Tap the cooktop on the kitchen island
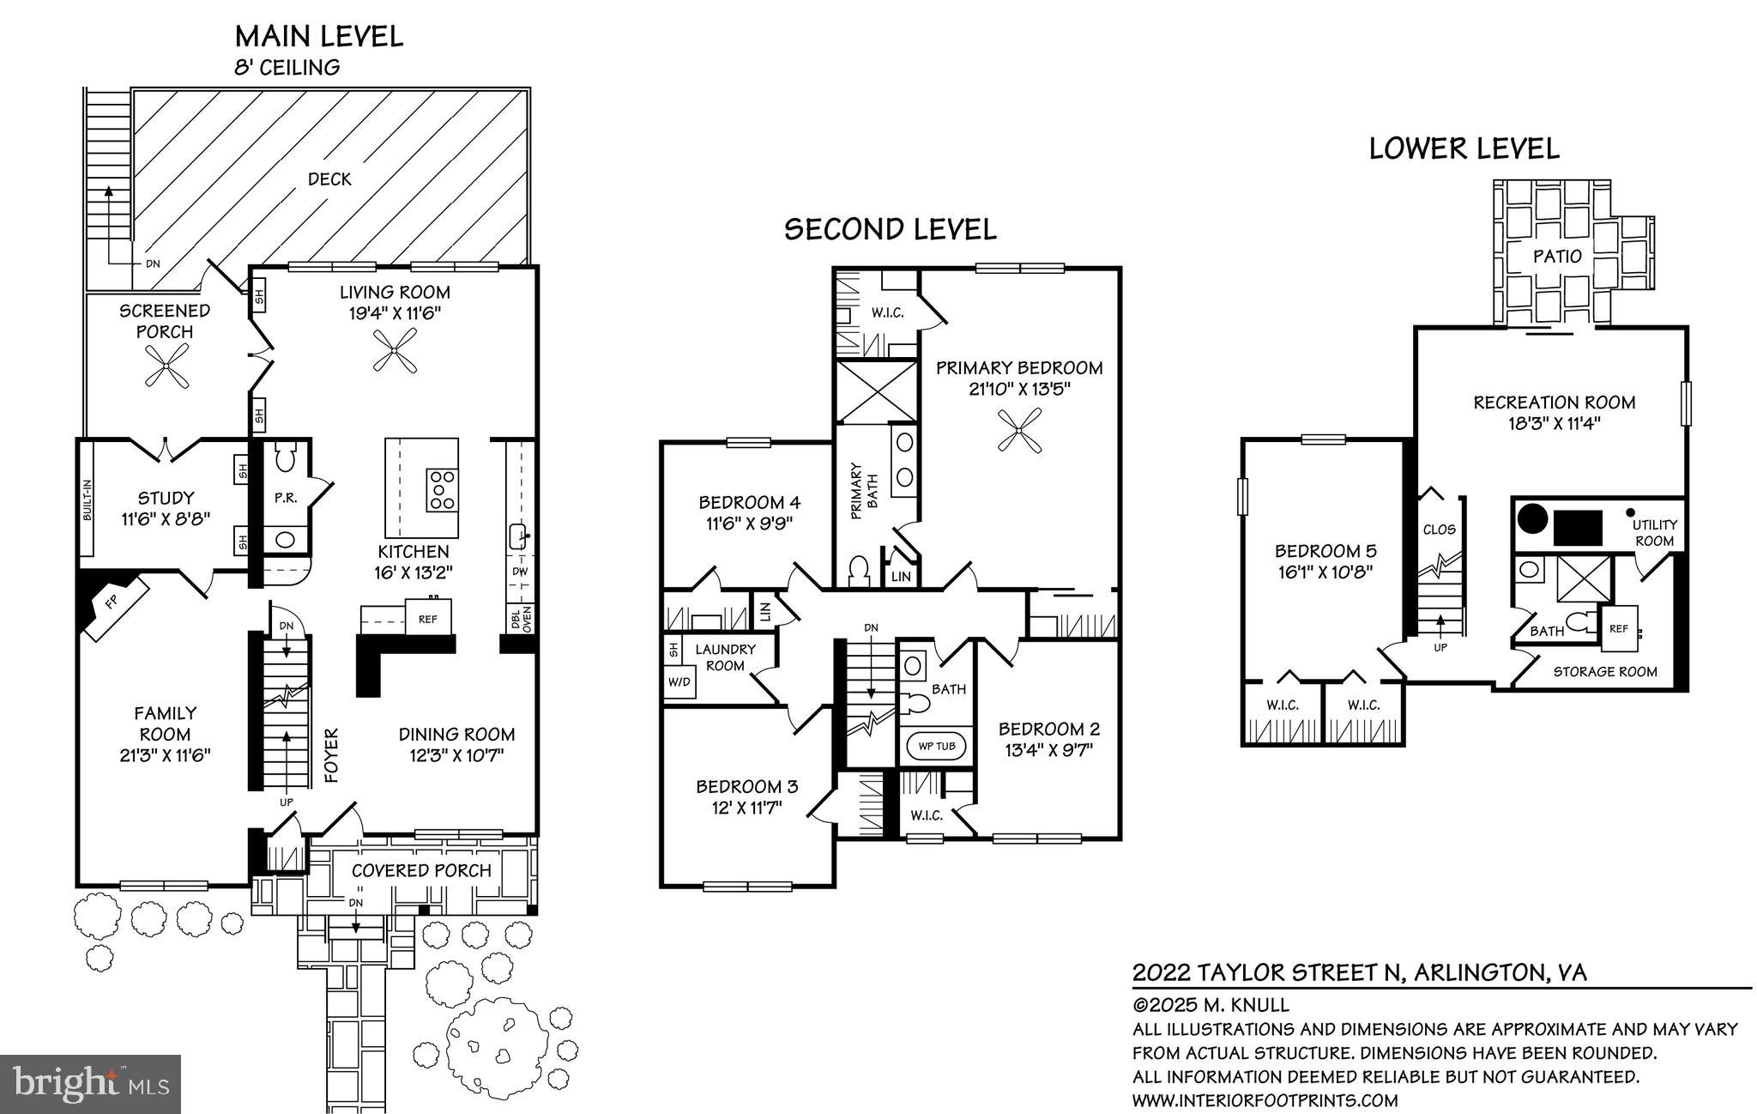coord(443,489)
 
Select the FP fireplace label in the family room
coord(112,603)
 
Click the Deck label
coord(329,179)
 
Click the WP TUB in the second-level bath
coord(936,746)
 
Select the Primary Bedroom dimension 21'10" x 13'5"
coord(1018,389)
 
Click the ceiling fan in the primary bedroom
coord(1019,428)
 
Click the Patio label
coord(1557,256)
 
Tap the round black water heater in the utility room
coord(1532,518)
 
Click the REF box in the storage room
coord(1618,629)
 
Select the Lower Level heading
coord(1464,148)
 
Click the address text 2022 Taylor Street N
coord(1266,972)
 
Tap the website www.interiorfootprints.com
coord(1265,1100)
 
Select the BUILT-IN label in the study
coord(88,500)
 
